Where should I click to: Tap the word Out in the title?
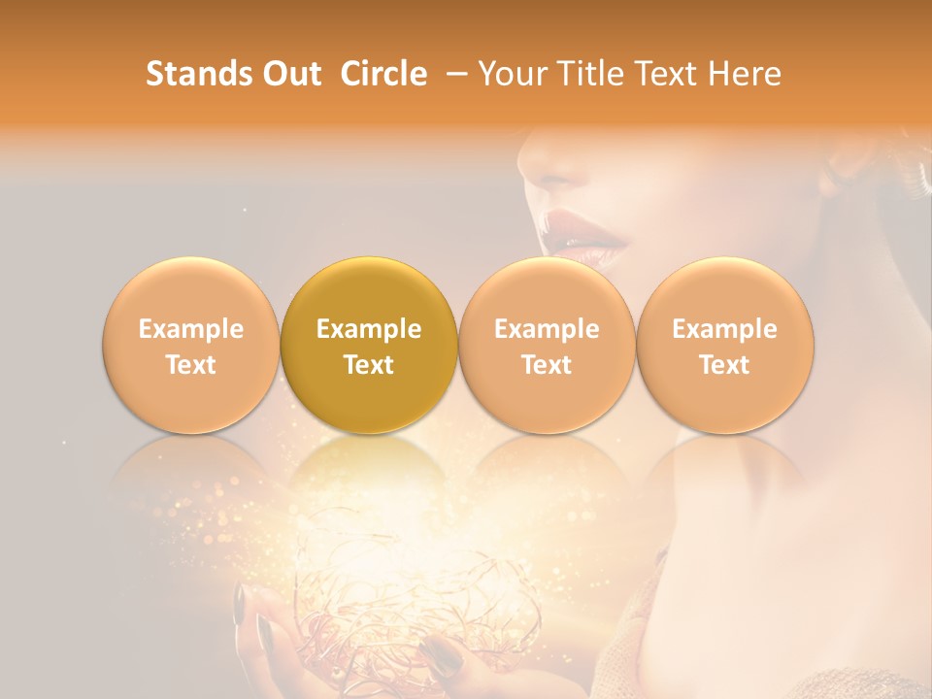click(x=289, y=75)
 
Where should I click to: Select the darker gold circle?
click(x=369, y=346)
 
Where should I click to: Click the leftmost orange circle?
click(x=191, y=346)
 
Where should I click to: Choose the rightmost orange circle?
click(x=725, y=346)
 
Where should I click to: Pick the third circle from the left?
click(x=547, y=346)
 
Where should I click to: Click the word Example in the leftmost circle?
click(x=191, y=329)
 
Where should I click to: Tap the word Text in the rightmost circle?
click(x=725, y=365)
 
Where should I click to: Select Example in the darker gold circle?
click(x=369, y=329)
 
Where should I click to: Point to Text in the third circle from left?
click(x=547, y=365)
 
